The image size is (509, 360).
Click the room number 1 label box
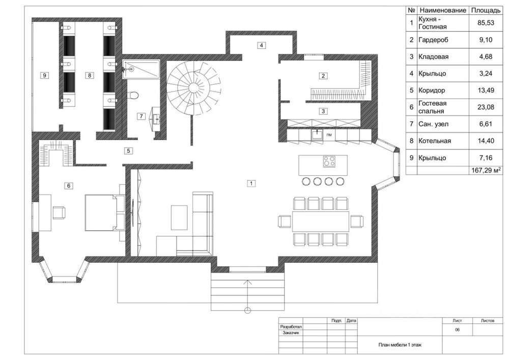point(251,183)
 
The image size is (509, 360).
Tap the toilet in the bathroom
point(132,95)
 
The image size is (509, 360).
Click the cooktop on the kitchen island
point(329,161)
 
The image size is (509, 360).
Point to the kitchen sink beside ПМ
point(317,134)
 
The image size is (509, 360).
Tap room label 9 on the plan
point(44,75)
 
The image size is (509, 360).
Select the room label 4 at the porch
point(261,45)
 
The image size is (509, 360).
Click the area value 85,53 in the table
point(486,23)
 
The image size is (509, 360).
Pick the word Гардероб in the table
point(433,40)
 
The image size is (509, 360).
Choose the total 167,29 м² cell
point(486,170)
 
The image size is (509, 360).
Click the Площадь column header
point(486,10)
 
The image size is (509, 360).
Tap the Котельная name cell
point(435,141)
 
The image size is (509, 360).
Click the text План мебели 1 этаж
point(400,345)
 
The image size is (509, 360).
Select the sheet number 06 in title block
point(457,330)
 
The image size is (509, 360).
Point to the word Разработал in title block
point(291,327)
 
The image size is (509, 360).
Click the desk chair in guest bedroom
point(59,212)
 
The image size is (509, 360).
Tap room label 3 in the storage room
point(323,111)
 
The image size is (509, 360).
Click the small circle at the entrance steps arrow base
point(248,310)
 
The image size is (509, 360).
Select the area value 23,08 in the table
point(486,107)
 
